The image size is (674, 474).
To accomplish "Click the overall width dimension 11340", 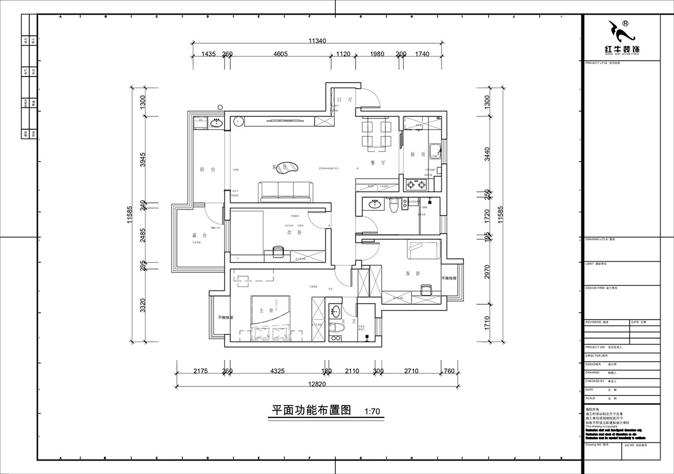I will pos(318,40).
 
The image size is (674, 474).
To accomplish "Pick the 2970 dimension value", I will pos(488,272).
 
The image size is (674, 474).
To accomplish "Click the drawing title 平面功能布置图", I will pos(303,410).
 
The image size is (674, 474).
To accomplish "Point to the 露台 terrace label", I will pos(199,235).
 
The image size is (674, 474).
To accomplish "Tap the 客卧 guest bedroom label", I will pos(414,274).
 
